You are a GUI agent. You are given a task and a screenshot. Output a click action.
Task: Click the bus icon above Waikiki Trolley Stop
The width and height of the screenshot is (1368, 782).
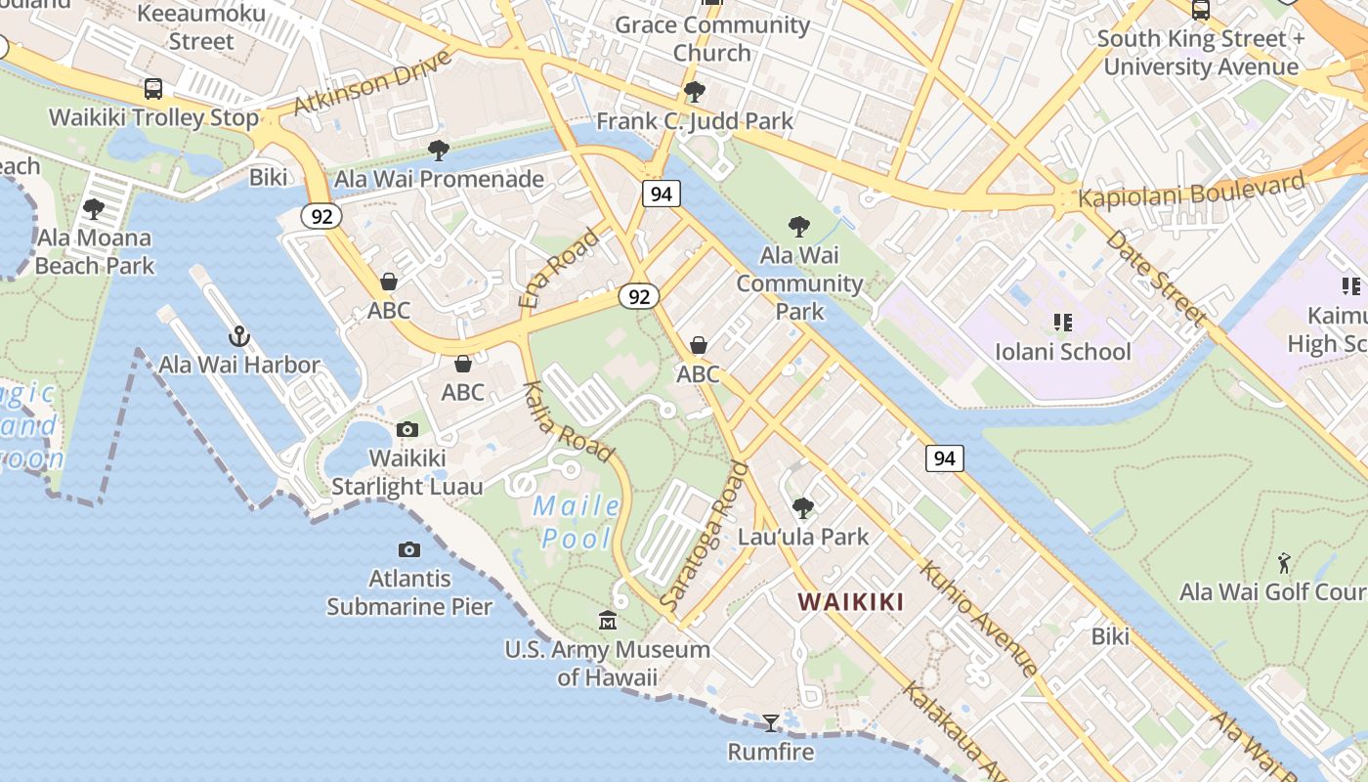[x=153, y=89]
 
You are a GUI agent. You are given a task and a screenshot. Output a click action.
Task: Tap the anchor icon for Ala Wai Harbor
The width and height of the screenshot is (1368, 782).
[x=239, y=337]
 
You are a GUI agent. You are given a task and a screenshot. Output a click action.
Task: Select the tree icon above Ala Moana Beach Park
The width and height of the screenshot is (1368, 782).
[x=94, y=209]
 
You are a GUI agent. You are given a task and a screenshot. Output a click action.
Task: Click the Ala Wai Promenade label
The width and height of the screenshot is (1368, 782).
[x=439, y=180]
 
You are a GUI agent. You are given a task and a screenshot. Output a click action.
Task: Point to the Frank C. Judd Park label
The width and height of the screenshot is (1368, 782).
[x=695, y=121]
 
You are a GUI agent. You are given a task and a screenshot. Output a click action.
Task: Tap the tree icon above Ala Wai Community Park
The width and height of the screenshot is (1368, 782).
[x=799, y=228]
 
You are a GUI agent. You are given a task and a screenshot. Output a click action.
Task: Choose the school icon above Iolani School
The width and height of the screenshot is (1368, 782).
[x=1062, y=323]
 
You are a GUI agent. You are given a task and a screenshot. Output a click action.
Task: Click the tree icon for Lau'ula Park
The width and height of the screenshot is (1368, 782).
[x=803, y=508]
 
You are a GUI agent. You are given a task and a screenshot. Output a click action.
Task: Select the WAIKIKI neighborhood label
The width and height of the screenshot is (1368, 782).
[x=851, y=602]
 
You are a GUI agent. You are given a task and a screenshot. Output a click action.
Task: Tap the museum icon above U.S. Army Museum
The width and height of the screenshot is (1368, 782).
[x=608, y=621]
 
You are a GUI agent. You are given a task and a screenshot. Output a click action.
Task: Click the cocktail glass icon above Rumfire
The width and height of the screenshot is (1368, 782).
[x=771, y=723]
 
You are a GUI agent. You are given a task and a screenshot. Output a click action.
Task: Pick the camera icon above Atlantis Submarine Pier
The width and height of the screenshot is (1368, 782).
[x=409, y=550]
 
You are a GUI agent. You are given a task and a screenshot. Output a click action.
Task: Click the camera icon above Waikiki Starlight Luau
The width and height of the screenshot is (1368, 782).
[x=407, y=430]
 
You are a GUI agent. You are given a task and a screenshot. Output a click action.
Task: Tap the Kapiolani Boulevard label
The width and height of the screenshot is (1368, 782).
[x=1192, y=190]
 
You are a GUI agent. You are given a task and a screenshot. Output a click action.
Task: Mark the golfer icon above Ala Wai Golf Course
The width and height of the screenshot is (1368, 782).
[x=1284, y=564]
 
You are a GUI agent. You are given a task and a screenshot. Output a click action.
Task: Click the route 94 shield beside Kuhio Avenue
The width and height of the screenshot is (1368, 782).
[x=945, y=457]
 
